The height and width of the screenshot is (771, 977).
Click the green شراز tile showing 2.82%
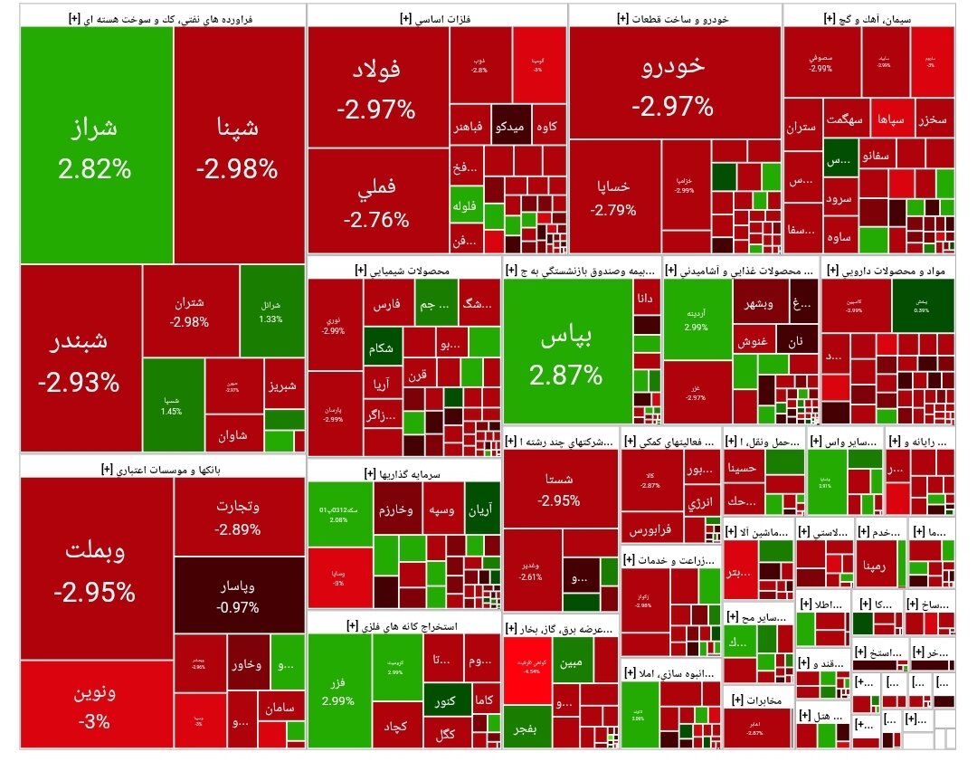click(x=96, y=145)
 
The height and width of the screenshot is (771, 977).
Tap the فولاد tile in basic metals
click(x=377, y=87)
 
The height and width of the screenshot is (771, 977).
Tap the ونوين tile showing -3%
click(x=95, y=706)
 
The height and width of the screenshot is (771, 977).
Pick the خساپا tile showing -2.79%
click(x=613, y=195)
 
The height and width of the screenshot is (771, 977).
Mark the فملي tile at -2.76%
click(x=376, y=201)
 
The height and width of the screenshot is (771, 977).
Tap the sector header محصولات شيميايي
click(x=404, y=270)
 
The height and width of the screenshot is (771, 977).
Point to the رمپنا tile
click(x=877, y=566)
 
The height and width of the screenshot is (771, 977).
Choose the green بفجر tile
click(x=523, y=728)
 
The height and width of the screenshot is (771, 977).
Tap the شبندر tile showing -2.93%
click(x=80, y=358)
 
